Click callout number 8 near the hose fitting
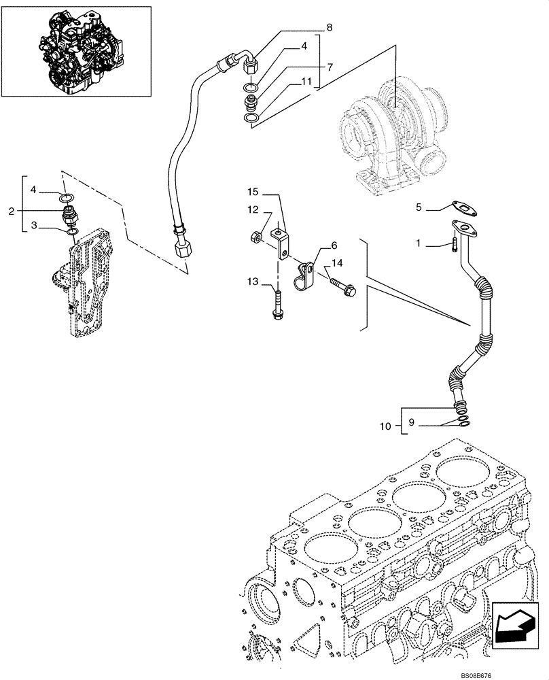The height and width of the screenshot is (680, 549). (329, 28)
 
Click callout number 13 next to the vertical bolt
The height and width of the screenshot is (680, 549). (251, 282)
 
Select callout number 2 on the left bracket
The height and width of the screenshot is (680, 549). (11, 212)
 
